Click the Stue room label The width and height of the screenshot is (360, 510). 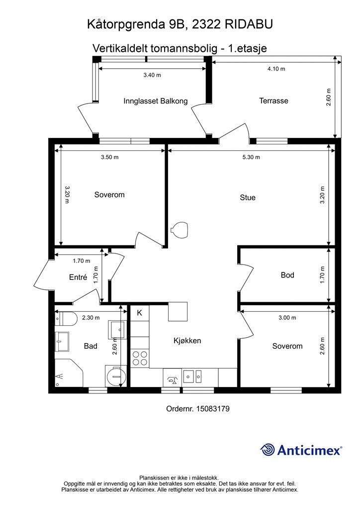247,197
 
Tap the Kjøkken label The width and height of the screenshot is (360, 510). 187,341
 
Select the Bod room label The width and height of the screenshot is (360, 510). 287,275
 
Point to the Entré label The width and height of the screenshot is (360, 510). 78,277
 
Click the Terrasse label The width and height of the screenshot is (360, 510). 273,101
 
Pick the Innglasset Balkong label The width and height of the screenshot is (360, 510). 156,101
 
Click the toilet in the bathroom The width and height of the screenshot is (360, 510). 66,319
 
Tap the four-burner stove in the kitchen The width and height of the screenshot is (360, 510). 140,358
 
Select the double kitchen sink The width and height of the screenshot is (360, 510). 192,377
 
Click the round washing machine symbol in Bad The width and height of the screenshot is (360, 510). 116,377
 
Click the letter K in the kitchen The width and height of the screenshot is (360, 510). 140,313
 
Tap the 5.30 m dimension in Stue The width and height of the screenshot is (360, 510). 251,157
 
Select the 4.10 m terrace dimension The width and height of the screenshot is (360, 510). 276,69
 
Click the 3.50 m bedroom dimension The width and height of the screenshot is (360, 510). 110,157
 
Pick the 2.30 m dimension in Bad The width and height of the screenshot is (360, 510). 91,318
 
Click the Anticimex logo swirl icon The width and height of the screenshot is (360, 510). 268,450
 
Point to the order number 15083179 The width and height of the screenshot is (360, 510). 213,409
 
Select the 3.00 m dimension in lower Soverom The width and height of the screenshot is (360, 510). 287,318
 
